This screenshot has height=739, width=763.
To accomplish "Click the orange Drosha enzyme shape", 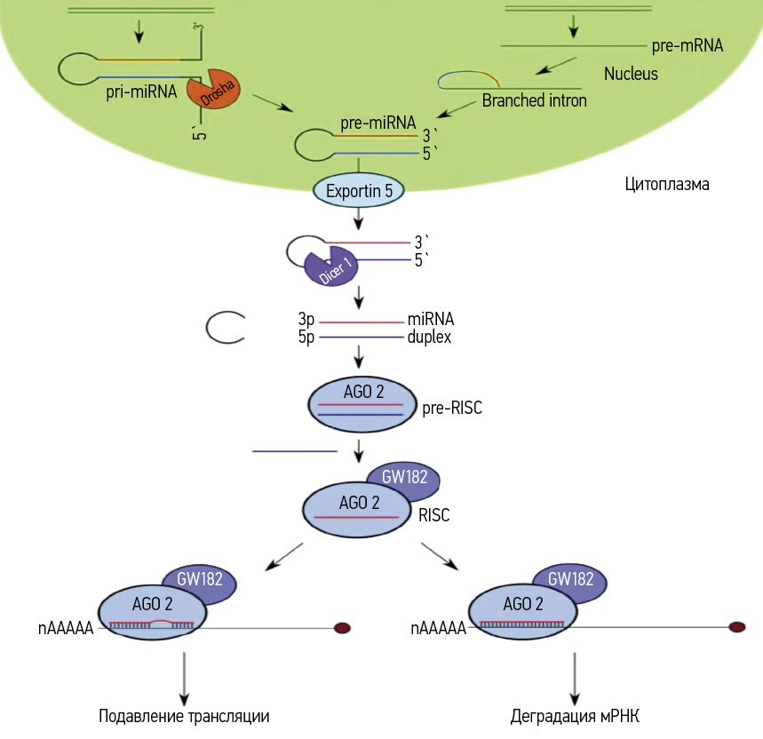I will (213, 91).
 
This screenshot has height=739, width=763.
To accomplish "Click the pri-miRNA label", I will (141, 91).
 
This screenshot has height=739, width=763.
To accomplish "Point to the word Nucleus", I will (631, 73).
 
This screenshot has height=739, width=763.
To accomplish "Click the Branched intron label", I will (534, 100).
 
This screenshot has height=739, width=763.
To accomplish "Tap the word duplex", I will (431, 338).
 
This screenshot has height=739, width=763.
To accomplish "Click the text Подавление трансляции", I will (184, 716).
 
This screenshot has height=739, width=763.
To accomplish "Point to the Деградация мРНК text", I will (576, 716).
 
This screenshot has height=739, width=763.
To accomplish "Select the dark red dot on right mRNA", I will (736, 627).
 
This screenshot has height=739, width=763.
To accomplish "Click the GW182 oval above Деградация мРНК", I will (571, 580).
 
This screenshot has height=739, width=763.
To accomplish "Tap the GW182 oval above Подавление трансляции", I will (201, 581).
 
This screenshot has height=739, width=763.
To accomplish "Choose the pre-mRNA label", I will (686, 44).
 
